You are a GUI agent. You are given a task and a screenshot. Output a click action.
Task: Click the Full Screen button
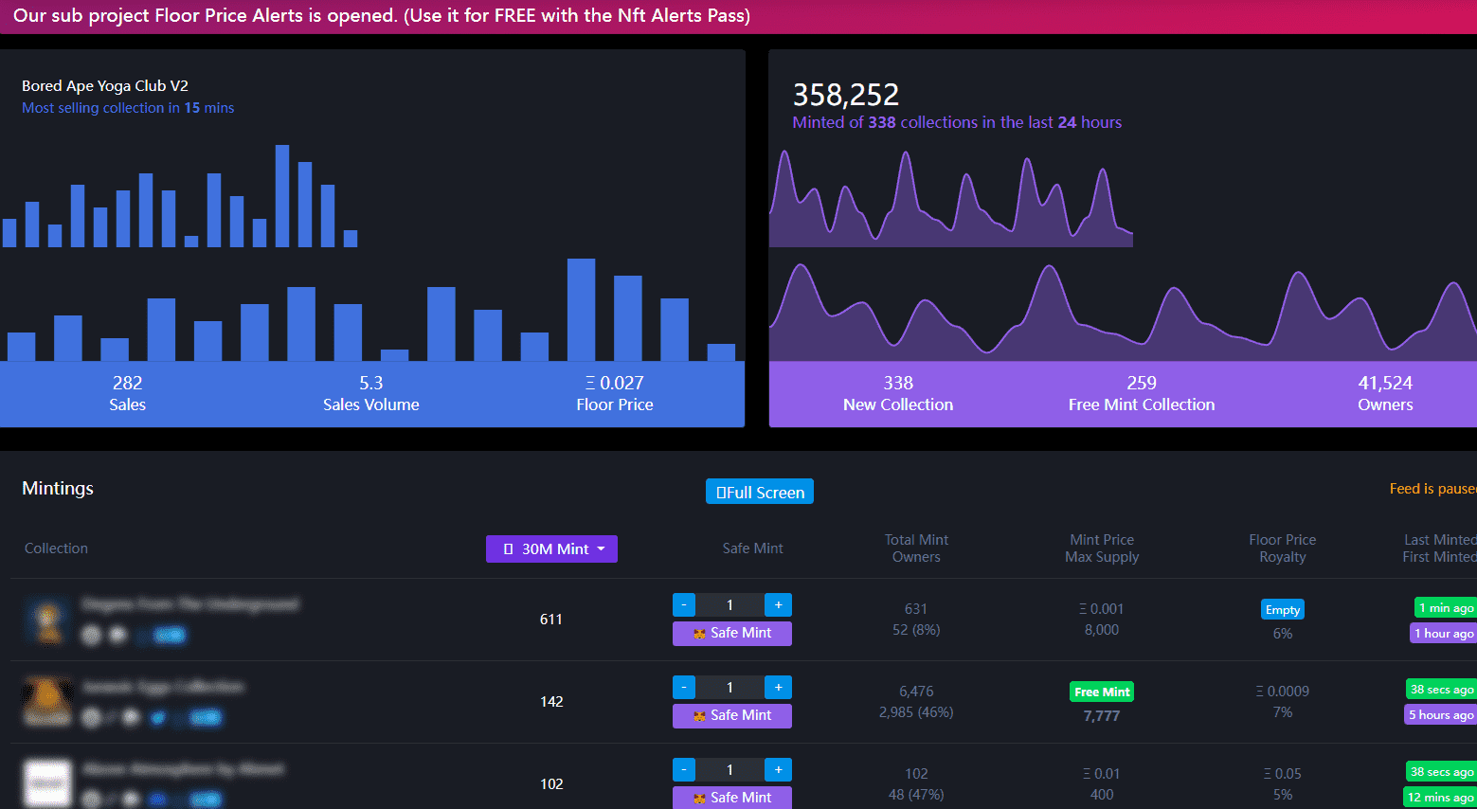(x=760, y=492)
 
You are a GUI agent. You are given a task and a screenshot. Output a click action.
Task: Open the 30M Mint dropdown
(x=551, y=548)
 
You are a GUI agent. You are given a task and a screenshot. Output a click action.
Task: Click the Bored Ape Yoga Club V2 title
(x=105, y=85)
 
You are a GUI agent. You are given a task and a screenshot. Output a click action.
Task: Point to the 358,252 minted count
(x=846, y=95)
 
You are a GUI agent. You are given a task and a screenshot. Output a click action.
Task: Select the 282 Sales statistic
(x=127, y=393)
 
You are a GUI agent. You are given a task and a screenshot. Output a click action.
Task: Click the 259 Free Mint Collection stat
(x=1141, y=393)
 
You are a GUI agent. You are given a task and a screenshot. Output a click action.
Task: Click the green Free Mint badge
(x=1102, y=692)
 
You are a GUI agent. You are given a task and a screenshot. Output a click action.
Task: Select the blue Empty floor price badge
(x=1282, y=609)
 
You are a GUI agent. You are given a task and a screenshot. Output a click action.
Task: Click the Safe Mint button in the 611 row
(x=732, y=633)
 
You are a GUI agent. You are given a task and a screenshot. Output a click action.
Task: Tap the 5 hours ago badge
(x=1441, y=714)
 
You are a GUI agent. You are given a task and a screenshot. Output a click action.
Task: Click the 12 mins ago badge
(x=1440, y=797)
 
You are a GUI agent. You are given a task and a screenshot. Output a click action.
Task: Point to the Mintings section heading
(x=58, y=488)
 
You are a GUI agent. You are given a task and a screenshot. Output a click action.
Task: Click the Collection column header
(x=56, y=548)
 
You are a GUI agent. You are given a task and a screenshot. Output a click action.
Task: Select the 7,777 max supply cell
(x=1102, y=716)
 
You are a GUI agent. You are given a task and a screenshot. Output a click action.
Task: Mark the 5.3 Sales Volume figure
(x=370, y=393)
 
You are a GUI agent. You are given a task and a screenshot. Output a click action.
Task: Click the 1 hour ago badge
(x=1444, y=633)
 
